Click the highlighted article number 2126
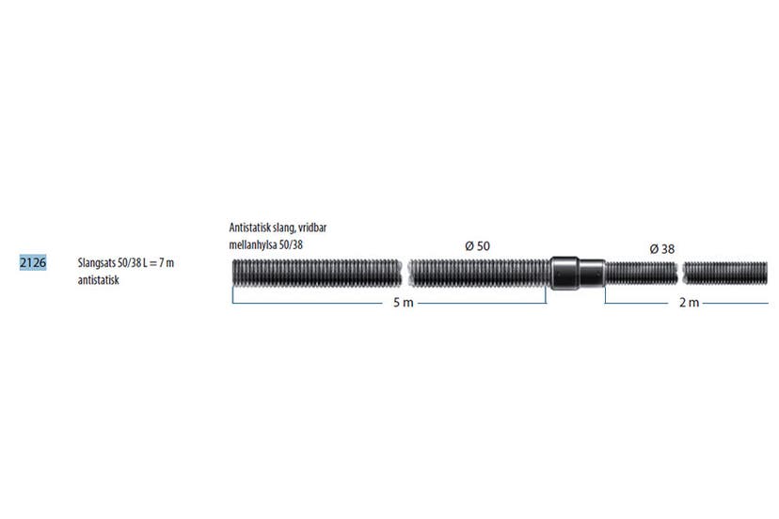[x=33, y=262]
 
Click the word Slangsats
[x=96, y=263]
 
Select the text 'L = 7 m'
[x=158, y=262]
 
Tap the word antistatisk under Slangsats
[x=99, y=280]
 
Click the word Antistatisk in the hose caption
[x=249, y=228]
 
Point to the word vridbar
[x=312, y=228]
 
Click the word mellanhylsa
[x=253, y=244]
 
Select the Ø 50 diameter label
[x=477, y=245]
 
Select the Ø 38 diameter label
[x=662, y=249]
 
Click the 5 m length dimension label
[x=404, y=303]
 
